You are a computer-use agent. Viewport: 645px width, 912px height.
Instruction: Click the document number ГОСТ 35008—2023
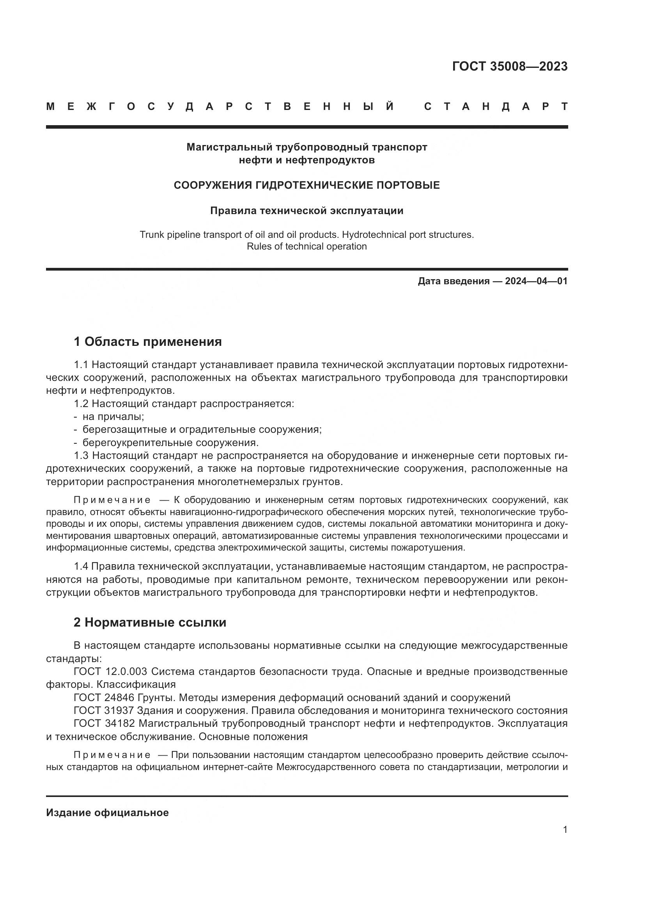510,66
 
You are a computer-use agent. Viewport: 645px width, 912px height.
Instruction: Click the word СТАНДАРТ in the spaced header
496,106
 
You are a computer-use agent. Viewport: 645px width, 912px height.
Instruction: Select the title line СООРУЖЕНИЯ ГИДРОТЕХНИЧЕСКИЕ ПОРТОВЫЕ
307,185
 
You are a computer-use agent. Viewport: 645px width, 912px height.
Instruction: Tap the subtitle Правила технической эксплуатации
307,211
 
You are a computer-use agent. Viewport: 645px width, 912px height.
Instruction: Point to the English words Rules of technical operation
307,246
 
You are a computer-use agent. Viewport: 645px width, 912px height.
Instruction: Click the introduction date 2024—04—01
536,281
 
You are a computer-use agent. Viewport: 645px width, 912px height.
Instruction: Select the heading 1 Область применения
148,341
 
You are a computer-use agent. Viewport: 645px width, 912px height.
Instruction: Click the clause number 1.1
83,365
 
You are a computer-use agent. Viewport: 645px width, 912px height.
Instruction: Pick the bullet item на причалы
113,417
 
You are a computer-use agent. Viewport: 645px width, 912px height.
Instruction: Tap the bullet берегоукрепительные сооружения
170,443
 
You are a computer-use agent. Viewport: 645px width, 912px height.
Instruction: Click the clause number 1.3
83,455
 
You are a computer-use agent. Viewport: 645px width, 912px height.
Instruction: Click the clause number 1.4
83,567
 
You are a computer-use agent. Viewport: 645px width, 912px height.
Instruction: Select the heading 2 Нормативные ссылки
150,622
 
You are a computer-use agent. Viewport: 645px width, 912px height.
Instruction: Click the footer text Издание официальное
107,813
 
